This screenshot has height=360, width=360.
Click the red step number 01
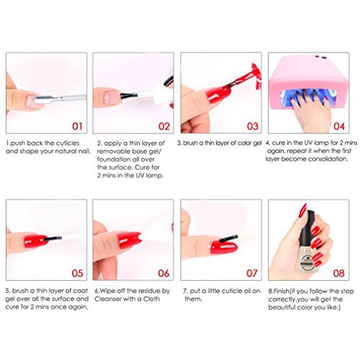tap(77, 127)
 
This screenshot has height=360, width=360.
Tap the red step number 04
tap(339, 127)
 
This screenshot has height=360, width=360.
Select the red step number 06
tap(163, 273)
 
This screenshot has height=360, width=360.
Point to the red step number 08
tap(338, 273)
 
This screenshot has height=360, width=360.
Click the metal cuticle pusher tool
tap(60, 99)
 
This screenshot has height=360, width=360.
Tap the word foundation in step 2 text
tap(114, 159)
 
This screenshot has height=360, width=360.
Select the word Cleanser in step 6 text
tap(108, 299)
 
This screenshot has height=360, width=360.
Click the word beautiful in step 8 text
tap(282, 307)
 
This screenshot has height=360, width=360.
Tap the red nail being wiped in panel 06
tap(127, 240)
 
